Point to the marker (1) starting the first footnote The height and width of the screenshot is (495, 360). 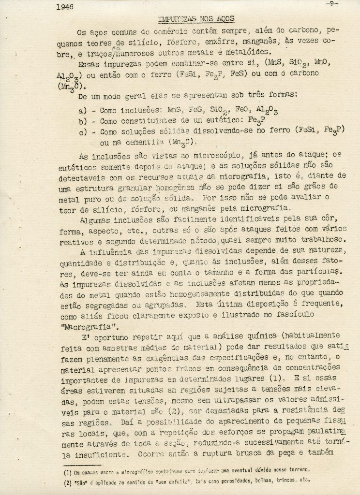click(67, 468)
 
